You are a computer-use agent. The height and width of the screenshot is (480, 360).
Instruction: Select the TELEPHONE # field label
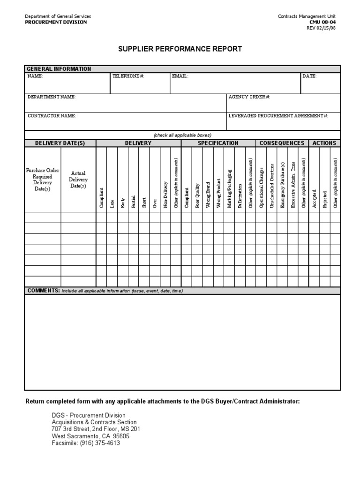click(127, 76)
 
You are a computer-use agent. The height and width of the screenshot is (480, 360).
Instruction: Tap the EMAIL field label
click(180, 76)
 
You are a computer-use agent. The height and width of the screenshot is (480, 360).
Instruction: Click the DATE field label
click(309, 76)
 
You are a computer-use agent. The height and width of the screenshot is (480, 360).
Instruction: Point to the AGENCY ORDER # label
click(249, 97)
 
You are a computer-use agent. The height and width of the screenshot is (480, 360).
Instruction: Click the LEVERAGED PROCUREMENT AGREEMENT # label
click(278, 115)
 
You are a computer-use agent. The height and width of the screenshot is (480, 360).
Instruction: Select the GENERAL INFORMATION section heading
click(59, 69)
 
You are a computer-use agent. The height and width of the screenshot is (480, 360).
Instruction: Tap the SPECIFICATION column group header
click(218, 143)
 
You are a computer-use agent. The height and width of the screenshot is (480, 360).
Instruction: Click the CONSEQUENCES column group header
click(282, 143)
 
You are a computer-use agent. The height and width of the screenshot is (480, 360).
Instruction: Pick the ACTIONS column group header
click(324, 143)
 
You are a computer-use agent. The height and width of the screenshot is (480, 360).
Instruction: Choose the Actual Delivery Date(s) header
click(78, 180)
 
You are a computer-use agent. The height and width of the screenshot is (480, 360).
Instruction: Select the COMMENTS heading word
click(43, 291)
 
